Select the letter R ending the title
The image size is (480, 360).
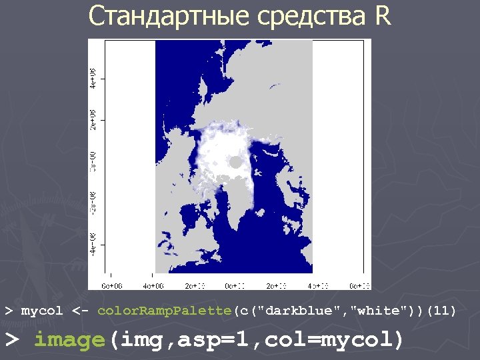[383, 17]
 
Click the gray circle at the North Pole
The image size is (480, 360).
[235, 163]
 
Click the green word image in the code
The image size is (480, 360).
[69, 340]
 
